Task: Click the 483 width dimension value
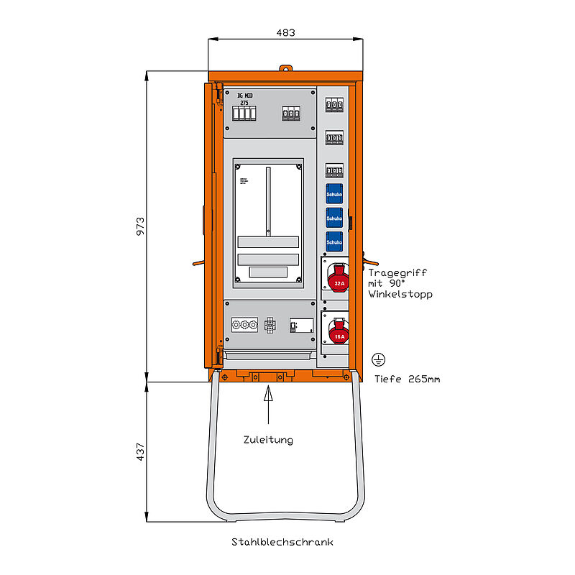tap(285, 33)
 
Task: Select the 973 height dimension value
tap(142, 226)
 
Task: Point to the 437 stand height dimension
tap(142, 451)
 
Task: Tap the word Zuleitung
tap(267, 440)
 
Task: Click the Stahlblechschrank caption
tap(282, 542)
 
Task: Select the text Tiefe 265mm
tap(407, 379)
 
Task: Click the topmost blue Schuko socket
tap(334, 193)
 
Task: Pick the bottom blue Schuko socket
tap(334, 241)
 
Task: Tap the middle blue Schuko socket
tap(334, 217)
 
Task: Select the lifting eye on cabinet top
tap(286, 69)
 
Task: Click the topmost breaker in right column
tap(334, 105)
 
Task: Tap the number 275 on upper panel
tap(244, 103)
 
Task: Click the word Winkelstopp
tap(400, 295)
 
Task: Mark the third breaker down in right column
tap(334, 170)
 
